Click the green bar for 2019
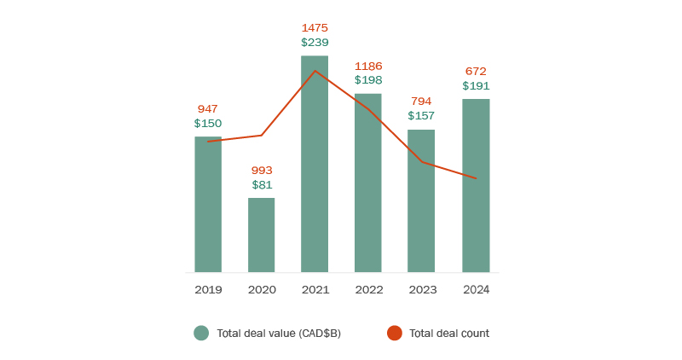click(208, 205)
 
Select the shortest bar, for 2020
click(262, 235)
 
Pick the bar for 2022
click(368, 183)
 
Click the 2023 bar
click(421, 201)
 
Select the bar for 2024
click(476, 186)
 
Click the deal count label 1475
click(315, 27)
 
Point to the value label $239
click(315, 42)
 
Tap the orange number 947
click(208, 108)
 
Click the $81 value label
click(262, 184)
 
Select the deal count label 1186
click(368, 66)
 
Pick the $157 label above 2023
click(421, 115)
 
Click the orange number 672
click(476, 71)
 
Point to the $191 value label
click(476, 85)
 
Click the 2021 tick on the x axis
click(315, 289)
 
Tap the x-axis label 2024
click(476, 289)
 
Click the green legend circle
click(201, 334)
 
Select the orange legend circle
click(394, 334)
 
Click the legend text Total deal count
click(449, 334)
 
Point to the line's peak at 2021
click(315, 71)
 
